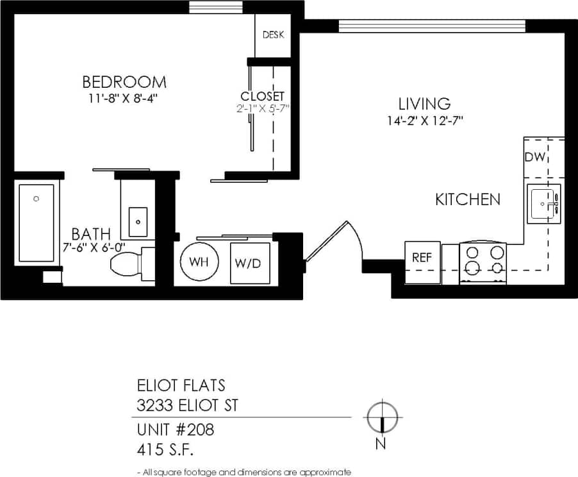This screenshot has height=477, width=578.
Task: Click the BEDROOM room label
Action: pos(124,82)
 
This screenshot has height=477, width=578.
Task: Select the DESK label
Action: pos(274,35)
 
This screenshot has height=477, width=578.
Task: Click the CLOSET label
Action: pos(262,96)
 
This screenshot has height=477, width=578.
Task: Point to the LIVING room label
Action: pos(424,103)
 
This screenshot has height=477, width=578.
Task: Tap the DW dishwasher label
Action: pos(534,158)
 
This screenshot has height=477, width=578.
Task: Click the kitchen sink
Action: pos(543,204)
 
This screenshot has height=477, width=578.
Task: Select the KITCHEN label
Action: pos(468,199)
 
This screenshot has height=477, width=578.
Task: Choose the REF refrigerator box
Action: pos(422,258)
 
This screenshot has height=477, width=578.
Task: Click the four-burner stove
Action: pos(483,262)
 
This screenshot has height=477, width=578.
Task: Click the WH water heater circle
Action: pos(199,262)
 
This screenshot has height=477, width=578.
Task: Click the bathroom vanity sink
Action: pos(138,221)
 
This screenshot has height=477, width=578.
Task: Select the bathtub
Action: pos(36,222)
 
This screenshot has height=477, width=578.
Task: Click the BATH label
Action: pos(90,233)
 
